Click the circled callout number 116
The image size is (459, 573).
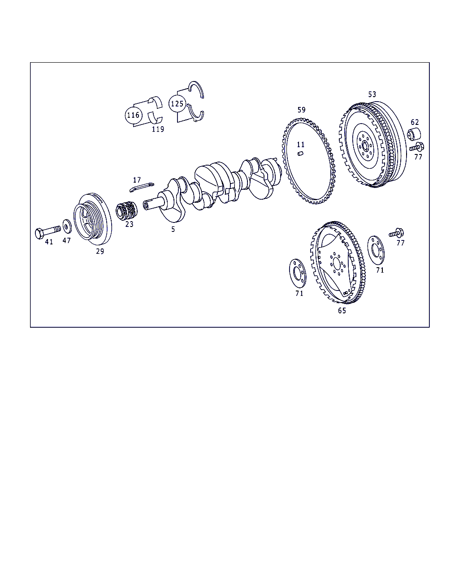(x=134, y=115)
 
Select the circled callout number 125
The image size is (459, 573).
(x=177, y=103)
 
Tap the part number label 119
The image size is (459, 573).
(x=158, y=129)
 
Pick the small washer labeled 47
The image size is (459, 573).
(x=67, y=227)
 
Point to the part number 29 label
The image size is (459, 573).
(x=100, y=251)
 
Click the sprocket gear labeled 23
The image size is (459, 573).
(x=127, y=210)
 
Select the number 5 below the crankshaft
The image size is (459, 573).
(x=173, y=229)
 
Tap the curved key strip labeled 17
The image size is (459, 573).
(x=142, y=187)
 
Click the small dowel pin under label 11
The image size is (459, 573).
(x=300, y=154)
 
